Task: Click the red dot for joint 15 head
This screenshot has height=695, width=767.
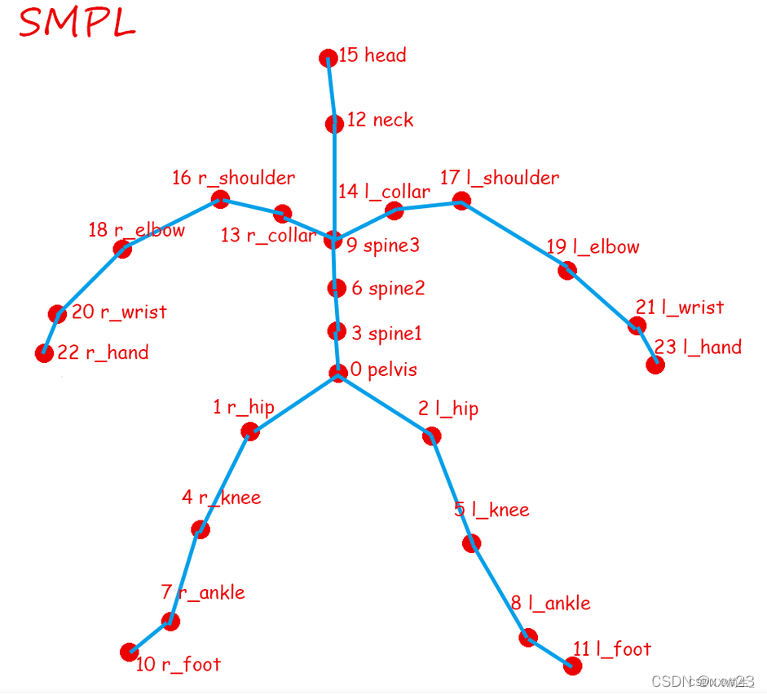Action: pyautogui.click(x=328, y=58)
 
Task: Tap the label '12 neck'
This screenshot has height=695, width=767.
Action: pyautogui.click(x=380, y=120)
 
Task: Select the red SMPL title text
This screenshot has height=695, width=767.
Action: pyautogui.click(x=77, y=24)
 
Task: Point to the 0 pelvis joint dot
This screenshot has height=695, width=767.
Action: pyautogui.click(x=338, y=373)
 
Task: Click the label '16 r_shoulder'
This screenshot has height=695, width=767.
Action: pyautogui.click(x=233, y=178)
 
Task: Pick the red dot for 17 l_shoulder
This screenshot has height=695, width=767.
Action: pyautogui.click(x=461, y=201)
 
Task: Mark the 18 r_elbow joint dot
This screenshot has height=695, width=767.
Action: pyautogui.click(x=122, y=250)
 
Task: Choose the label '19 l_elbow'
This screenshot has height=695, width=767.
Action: pyautogui.click(x=593, y=247)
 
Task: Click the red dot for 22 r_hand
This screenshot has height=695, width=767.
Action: pyautogui.click(x=44, y=353)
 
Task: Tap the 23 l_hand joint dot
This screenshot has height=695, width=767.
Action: pyautogui.click(x=655, y=365)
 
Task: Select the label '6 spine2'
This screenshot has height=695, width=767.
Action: pyautogui.click(x=388, y=288)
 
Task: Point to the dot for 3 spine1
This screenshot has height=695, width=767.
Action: pyautogui.click(x=336, y=331)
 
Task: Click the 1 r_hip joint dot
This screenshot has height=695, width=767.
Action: pyautogui.click(x=251, y=432)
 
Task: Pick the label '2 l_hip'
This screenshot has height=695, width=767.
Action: pyautogui.click(x=448, y=409)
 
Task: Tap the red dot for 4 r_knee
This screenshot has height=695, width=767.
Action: pyautogui.click(x=200, y=529)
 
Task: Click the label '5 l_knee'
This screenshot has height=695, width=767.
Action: pyautogui.click(x=491, y=511)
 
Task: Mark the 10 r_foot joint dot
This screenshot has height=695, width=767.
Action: pyautogui.click(x=129, y=652)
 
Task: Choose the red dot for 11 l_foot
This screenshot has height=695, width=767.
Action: pyautogui.click(x=573, y=666)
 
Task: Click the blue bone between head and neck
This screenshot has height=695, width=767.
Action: pyautogui.click(x=331, y=91)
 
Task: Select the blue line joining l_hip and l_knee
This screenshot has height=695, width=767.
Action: pyautogui.click(x=452, y=489)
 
